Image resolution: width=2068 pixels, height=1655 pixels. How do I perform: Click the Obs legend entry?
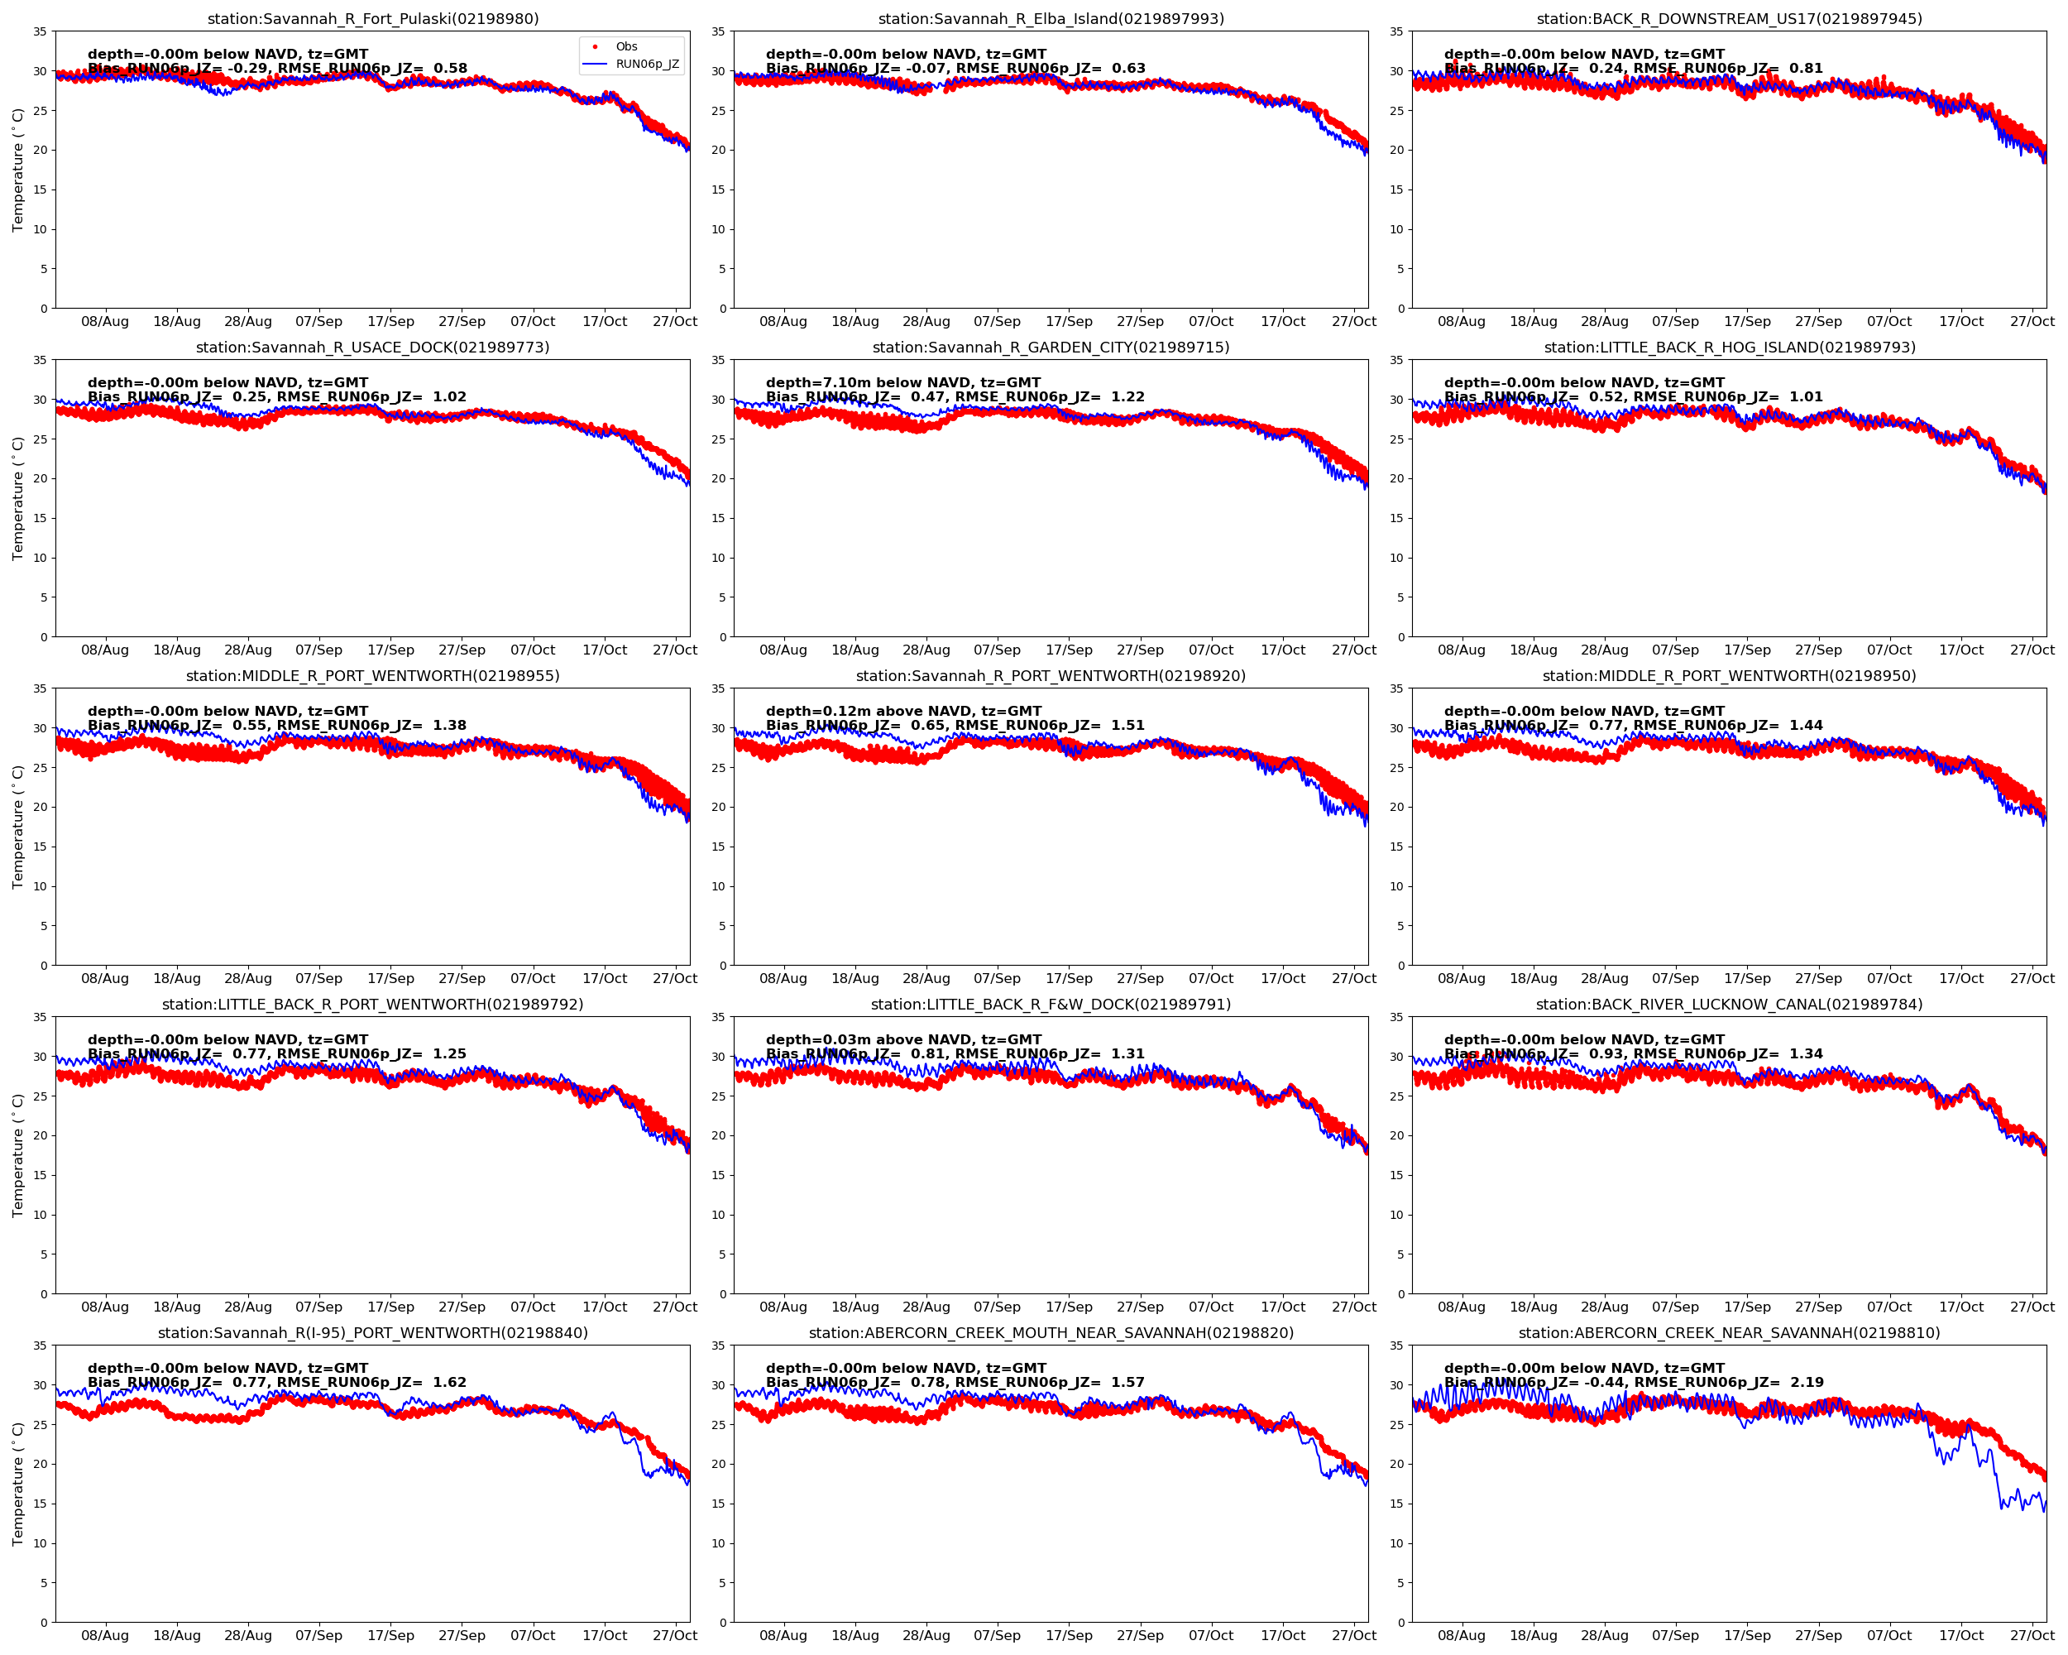[x=625, y=46]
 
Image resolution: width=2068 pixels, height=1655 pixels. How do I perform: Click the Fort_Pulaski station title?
[x=373, y=19]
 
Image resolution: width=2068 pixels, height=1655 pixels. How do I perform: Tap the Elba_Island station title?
[x=1051, y=19]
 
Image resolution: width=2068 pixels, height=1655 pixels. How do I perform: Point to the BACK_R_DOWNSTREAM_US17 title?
[x=1729, y=19]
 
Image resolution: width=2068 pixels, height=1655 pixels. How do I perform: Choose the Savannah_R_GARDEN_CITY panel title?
[x=1051, y=348]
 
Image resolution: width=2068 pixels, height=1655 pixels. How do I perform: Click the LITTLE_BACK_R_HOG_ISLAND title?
[x=1729, y=348]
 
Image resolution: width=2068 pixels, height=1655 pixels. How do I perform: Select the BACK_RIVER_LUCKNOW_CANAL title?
[x=1729, y=1005]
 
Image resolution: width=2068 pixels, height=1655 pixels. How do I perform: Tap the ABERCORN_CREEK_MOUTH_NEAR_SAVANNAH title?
[x=1051, y=1332]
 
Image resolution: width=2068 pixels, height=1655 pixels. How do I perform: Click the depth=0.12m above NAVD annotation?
[x=902, y=711]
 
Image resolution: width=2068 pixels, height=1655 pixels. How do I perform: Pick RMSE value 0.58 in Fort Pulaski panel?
[x=451, y=68]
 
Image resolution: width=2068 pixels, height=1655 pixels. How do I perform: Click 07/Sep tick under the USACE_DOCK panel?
[x=318, y=650]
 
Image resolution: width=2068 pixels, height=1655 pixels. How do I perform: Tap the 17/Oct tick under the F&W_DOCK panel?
[x=1282, y=1307]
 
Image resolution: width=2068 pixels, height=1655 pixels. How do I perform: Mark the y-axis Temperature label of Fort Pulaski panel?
[x=17, y=170]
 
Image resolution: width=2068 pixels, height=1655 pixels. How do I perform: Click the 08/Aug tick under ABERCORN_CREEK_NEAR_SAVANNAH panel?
[x=1461, y=1635]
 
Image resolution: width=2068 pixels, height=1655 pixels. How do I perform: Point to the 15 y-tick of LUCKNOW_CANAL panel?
[x=1396, y=1175]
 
